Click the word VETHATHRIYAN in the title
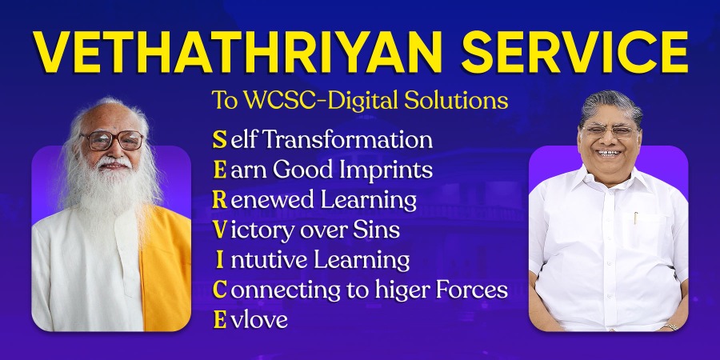[x=229, y=53]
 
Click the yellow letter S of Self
[x=218, y=140]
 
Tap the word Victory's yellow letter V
[x=218, y=230]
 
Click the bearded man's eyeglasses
[x=112, y=141]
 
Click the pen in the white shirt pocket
[x=636, y=218]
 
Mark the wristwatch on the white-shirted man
[x=669, y=326]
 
